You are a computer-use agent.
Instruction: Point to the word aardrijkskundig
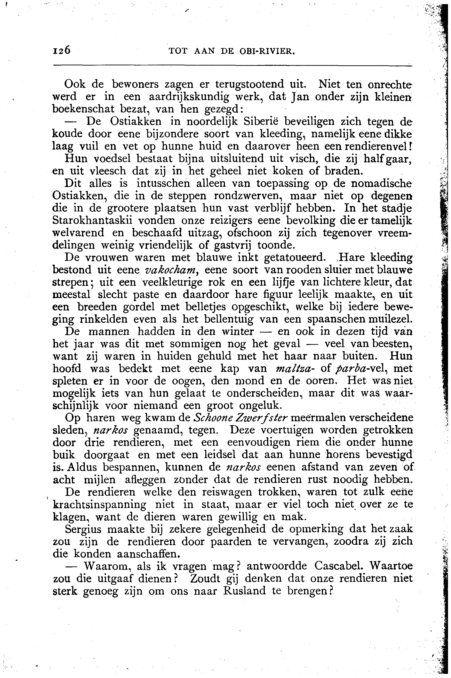pyautogui.click(x=189, y=97)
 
